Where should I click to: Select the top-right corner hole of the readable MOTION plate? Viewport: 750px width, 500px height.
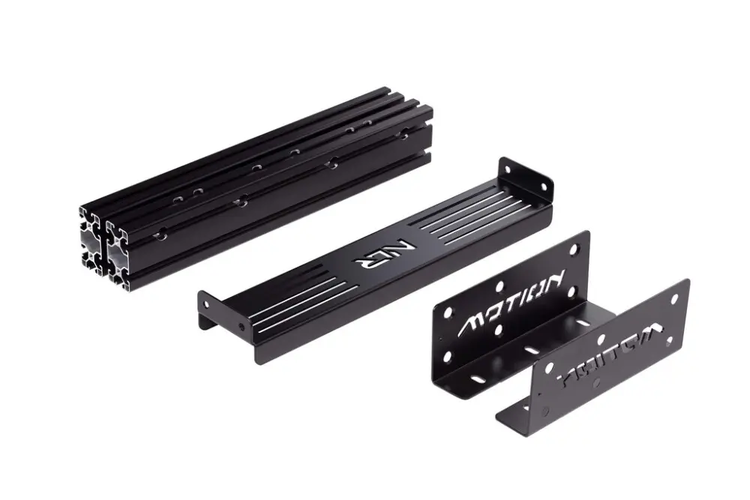coord(574,247)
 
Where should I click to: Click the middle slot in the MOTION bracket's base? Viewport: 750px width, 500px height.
coord(531,350)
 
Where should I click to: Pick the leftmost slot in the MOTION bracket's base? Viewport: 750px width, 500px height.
coord(477,379)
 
